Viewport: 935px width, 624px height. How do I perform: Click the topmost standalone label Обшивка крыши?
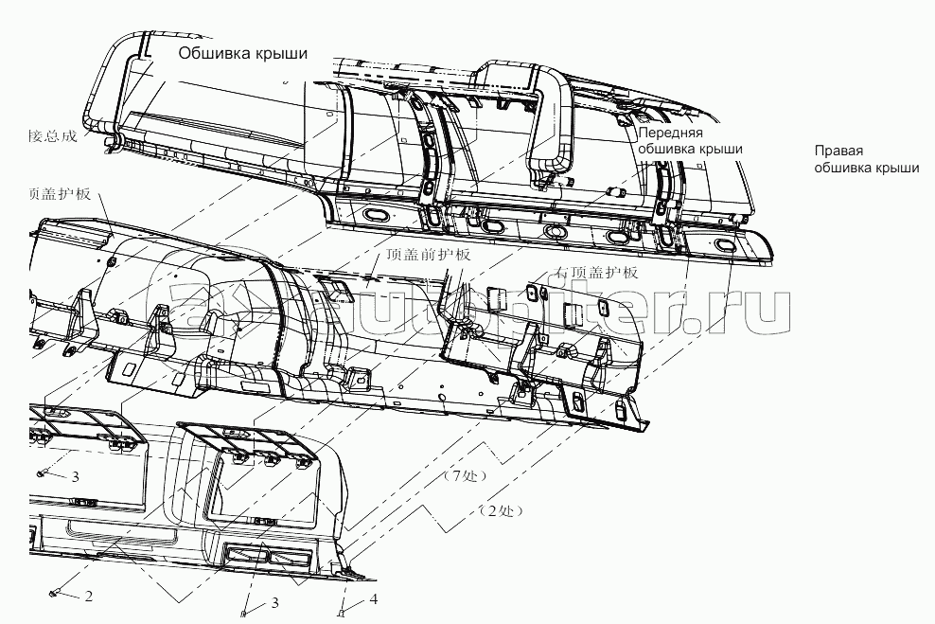(x=243, y=54)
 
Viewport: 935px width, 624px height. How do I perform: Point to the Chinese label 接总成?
(x=51, y=135)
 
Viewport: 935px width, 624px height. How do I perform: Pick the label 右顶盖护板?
(x=597, y=273)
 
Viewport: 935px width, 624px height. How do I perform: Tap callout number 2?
(x=88, y=597)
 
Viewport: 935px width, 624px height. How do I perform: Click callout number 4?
(x=373, y=599)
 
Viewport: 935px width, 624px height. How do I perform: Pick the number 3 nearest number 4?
(x=275, y=602)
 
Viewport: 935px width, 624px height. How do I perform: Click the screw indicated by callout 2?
(x=54, y=593)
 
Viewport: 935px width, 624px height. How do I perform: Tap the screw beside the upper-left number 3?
(x=43, y=472)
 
